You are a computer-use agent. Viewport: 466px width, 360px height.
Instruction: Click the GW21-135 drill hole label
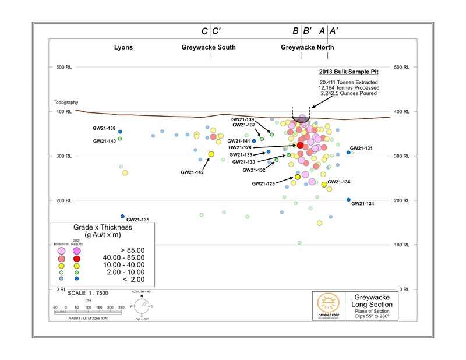click(137, 220)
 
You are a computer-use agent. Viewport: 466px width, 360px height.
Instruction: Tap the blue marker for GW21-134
click(348, 200)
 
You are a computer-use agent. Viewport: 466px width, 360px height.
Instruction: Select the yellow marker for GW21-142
click(211, 154)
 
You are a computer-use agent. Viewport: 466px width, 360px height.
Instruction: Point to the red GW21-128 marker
click(301, 145)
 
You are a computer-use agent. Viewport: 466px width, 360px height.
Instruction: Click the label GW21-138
click(104, 129)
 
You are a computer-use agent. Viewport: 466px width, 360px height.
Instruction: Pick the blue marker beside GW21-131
click(348, 153)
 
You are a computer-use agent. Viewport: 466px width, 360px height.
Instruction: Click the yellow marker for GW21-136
click(324, 185)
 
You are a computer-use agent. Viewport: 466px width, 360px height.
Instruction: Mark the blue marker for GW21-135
click(122, 216)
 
